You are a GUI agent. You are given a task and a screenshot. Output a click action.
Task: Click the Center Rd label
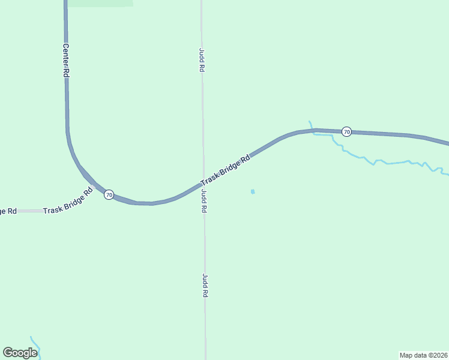[65, 59]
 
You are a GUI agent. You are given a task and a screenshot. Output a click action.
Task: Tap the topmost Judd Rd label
[202, 61]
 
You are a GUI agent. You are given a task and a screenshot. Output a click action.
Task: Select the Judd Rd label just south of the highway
[204, 202]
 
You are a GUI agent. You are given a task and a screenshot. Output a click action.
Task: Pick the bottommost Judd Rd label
[205, 286]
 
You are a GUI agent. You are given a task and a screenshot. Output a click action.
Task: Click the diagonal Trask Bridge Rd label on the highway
[224, 171]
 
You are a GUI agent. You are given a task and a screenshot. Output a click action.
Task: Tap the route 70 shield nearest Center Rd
[109, 194]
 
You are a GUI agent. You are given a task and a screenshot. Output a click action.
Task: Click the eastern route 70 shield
[346, 131]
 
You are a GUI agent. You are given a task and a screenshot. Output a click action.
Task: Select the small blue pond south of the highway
[253, 191]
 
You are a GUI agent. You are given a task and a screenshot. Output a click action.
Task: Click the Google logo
[20, 353]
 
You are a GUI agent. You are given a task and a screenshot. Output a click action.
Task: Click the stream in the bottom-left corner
[35, 344]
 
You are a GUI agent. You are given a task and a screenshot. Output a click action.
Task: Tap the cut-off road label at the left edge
[8, 211]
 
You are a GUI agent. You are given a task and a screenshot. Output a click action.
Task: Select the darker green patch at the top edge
[100, 3]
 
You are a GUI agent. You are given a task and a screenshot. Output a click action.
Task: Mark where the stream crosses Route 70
[312, 130]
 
